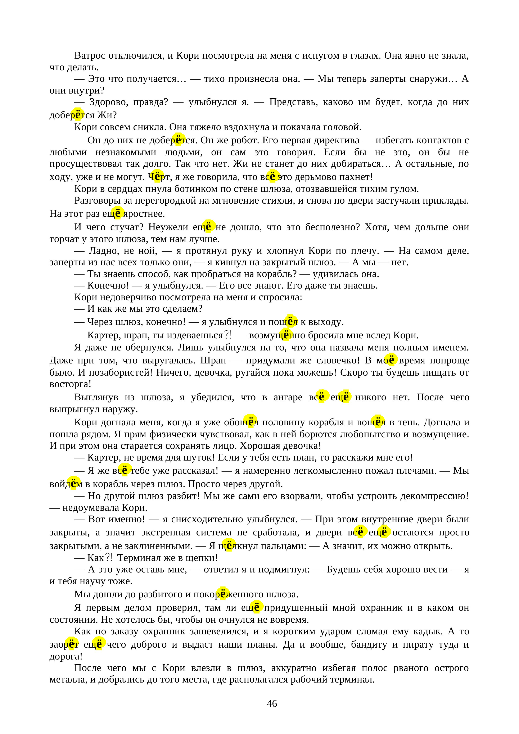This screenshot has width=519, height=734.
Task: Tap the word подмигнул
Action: tap(284, 569)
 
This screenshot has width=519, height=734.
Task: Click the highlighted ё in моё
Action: tap(391, 360)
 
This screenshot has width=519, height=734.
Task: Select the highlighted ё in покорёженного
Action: tap(223, 594)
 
